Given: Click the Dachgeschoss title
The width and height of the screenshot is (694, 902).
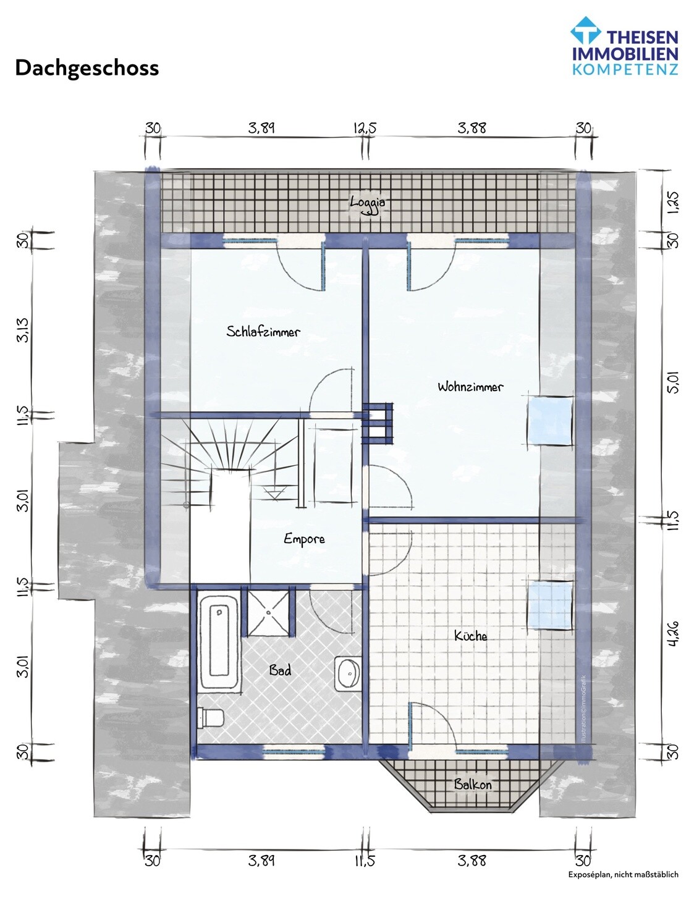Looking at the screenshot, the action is (87, 69).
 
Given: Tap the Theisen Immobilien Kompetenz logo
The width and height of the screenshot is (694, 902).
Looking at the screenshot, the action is (625, 46).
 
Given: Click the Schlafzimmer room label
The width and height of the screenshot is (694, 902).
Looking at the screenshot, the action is (263, 332).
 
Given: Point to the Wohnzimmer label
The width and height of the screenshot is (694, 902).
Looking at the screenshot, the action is (470, 387).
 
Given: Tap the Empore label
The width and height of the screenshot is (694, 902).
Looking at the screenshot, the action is (304, 539).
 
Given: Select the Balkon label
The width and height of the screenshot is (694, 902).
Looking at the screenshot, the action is (472, 785).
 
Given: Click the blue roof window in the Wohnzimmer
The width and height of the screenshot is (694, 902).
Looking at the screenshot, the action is (549, 421).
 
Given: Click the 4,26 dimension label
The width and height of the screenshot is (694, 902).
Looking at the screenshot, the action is (673, 633).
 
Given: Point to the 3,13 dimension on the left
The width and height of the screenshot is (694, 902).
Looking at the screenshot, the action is (23, 330).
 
